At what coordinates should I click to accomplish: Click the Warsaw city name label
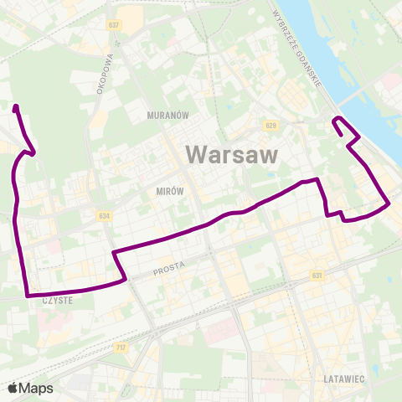230,154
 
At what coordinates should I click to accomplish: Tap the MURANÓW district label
164,114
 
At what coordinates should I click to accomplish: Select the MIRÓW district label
169,191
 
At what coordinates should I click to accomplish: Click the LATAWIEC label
343,379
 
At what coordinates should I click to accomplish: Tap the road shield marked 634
103,216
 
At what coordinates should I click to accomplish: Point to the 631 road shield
316,275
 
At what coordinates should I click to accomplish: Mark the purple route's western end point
16,106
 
